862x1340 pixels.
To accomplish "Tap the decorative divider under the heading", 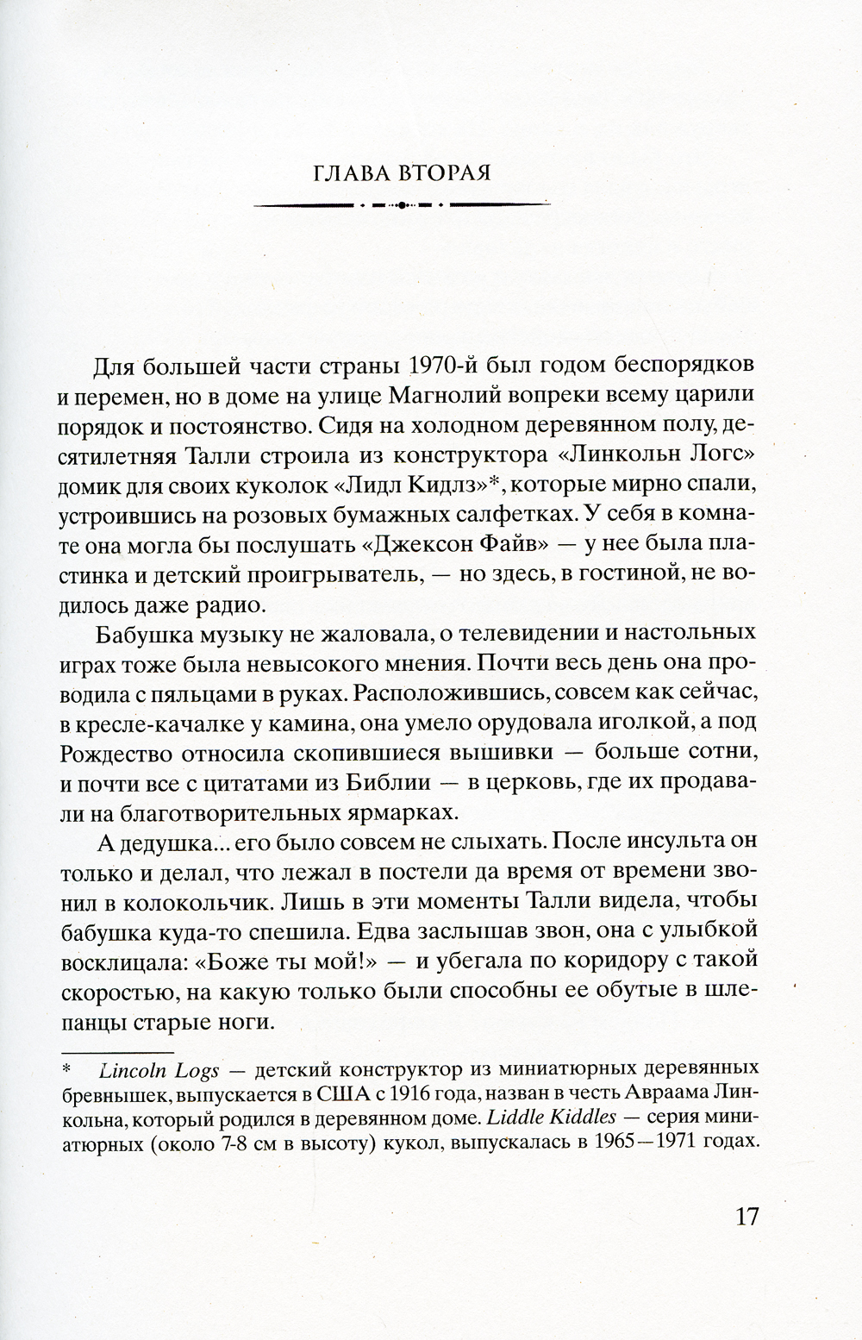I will [403, 205].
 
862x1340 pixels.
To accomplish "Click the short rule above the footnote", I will [116, 1053].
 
